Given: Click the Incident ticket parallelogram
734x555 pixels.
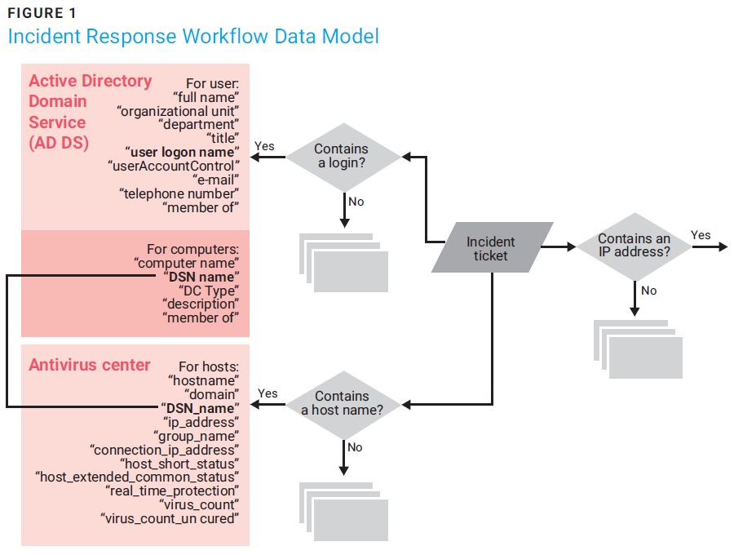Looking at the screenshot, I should [x=491, y=248].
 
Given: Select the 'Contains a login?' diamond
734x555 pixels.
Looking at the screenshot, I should [x=341, y=157].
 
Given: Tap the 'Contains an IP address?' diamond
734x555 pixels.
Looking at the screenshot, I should [x=635, y=246].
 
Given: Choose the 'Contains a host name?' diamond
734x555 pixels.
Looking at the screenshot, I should [x=343, y=403].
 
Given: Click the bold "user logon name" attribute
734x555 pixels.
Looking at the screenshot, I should [x=182, y=152].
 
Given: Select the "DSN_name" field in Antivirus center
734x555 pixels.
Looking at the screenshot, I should [x=199, y=408].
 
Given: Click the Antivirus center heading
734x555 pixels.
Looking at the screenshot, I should [x=90, y=365].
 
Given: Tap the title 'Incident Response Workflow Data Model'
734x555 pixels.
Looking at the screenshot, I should [x=193, y=37].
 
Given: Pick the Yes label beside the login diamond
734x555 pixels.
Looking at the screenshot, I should [x=264, y=146].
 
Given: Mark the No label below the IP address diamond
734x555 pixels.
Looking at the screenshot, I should [x=648, y=291].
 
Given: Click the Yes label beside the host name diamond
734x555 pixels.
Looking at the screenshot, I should [x=268, y=393].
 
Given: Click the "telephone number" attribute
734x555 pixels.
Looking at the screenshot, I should [x=179, y=193].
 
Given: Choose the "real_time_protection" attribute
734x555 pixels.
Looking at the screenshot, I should [x=173, y=491].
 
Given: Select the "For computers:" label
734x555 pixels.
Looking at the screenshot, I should [x=192, y=249].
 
